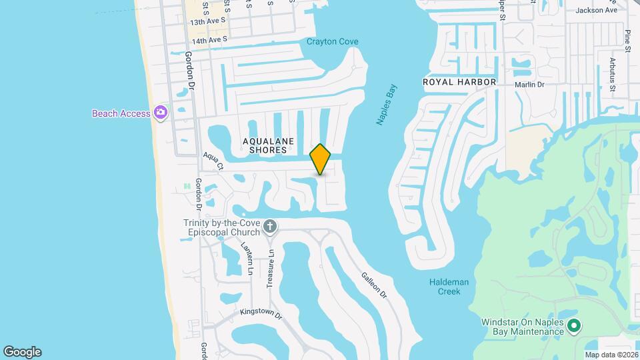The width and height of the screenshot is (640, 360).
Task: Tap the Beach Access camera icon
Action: click(x=160, y=113)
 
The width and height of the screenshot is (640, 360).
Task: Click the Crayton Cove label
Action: click(x=332, y=42)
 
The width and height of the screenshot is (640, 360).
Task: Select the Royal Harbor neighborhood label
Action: click(x=460, y=82)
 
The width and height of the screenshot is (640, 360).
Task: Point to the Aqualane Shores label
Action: click(x=265, y=145)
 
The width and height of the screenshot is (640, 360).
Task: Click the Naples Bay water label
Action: click(x=386, y=104)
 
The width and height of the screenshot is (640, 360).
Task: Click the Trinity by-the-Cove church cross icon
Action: click(x=270, y=227)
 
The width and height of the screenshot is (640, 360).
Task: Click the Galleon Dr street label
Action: click(x=374, y=285)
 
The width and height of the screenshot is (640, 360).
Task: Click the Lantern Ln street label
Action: click(x=247, y=257)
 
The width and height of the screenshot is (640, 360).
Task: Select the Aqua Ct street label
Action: click(x=213, y=160)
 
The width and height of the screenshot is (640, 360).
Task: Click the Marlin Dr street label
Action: click(x=529, y=85)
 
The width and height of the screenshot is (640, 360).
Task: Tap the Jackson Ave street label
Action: click(x=597, y=10)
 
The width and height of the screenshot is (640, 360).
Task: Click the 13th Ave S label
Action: click(x=208, y=22)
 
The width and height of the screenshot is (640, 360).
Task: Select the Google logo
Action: click(x=22, y=352)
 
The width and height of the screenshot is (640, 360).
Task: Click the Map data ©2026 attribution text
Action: click(x=611, y=355)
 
